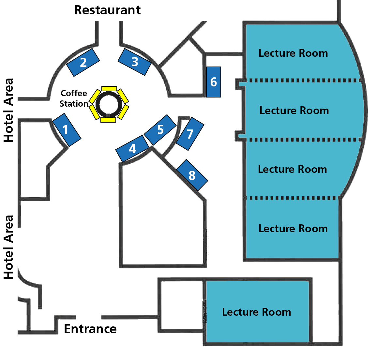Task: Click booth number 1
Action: tap(67, 130)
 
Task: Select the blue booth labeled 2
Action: tap(83, 62)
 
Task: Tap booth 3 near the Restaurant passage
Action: tap(135, 62)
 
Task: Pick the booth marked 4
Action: tap(132, 149)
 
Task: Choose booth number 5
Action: tap(160, 130)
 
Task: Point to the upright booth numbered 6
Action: tap(214, 82)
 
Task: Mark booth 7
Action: tap(190, 134)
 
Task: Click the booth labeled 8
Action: tap(192, 175)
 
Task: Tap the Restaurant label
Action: tap(107, 10)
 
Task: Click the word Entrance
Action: tap(90, 329)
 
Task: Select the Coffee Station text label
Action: tap(74, 98)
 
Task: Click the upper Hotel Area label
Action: tap(8, 110)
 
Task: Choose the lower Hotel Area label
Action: tap(8, 247)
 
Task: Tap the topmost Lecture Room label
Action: tap(293, 53)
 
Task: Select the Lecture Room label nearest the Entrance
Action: tap(256, 312)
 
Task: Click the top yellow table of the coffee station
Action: tap(109, 88)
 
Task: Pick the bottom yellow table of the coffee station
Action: tap(108, 120)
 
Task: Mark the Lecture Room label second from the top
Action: tap(294, 111)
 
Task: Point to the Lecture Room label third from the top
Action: tap(292, 169)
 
